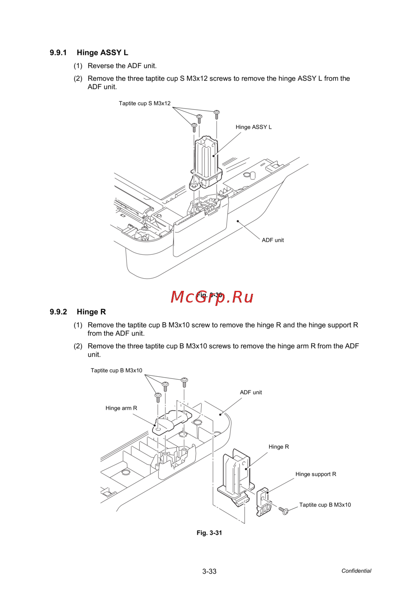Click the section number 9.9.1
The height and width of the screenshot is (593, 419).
coord(58,53)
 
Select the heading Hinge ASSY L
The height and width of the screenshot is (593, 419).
coord(102,53)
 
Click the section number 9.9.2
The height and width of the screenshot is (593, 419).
coord(58,312)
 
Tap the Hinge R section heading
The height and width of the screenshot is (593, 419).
coord(91,312)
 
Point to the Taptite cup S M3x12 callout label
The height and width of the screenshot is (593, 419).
coord(145,104)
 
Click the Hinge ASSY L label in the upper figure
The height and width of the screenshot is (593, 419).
coord(253,127)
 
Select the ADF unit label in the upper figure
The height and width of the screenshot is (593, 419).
coord(273,240)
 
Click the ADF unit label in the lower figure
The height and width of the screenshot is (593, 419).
coord(251,392)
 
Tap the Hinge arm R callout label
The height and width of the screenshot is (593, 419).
coord(121,408)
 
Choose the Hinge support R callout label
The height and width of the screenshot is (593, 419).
coord(316,474)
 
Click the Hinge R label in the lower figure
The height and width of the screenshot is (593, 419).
coord(279,447)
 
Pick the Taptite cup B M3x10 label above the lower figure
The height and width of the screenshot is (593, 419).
coord(116,370)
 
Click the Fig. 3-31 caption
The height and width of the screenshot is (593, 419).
coord(209,533)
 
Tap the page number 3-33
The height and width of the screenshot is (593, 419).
coord(209,571)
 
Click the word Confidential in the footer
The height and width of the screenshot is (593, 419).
coord(356,571)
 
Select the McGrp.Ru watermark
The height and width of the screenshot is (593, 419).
coord(212,297)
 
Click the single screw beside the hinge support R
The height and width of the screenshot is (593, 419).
coord(284,510)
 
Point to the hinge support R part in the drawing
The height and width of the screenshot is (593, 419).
coord(263,502)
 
